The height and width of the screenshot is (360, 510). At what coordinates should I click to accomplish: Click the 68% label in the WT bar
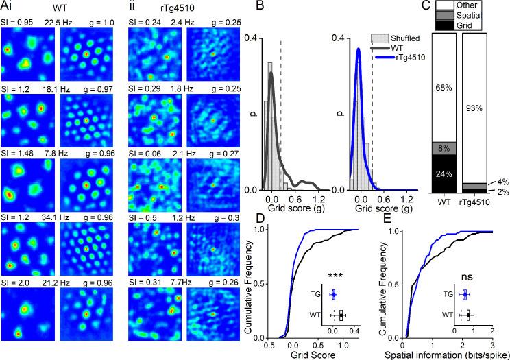[x=444, y=87]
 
